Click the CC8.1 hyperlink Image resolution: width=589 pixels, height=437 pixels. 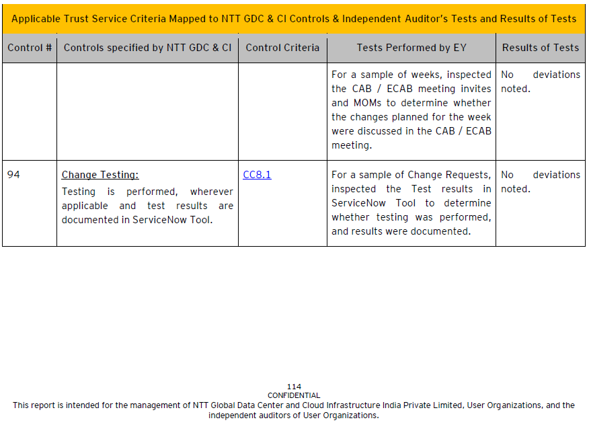click(x=257, y=175)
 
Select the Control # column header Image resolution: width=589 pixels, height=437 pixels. click(x=30, y=48)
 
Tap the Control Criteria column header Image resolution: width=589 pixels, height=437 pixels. click(x=282, y=48)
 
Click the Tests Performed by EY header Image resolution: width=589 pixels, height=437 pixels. click(x=411, y=48)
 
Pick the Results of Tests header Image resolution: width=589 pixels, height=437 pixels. click(x=541, y=48)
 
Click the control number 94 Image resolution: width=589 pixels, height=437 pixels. click(x=13, y=175)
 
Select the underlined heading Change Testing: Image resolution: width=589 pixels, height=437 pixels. click(x=100, y=175)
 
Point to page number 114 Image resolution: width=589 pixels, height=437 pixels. click(x=294, y=387)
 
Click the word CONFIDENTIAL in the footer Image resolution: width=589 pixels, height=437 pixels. click(x=294, y=395)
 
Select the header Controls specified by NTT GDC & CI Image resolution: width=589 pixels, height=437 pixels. click(x=147, y=48)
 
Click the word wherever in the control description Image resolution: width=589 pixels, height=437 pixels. click(x=212, y=192)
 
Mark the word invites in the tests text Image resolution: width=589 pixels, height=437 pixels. click(x=475, y=89)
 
